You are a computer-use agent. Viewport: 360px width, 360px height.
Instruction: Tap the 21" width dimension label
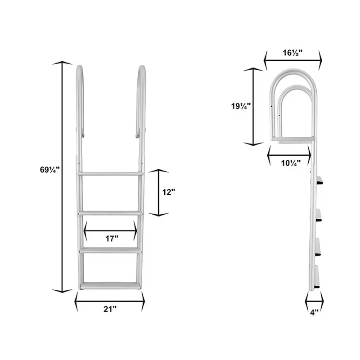pos(109,309)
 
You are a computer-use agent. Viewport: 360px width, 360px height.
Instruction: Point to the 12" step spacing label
pos(168,192)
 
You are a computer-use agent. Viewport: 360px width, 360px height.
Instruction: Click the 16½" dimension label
pos(292,53)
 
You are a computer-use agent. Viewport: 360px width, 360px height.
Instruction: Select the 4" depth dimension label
pos(314,311)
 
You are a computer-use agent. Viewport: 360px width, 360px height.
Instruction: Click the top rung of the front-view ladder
pos(110,173)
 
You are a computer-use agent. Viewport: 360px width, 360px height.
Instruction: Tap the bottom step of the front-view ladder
pos(110,286)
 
